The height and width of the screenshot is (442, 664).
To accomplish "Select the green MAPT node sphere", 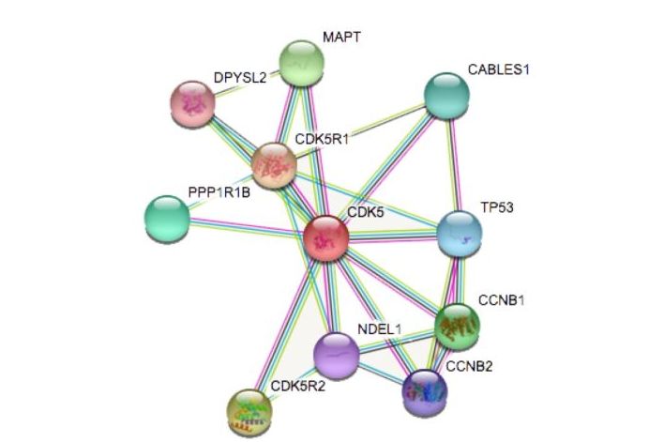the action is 301,63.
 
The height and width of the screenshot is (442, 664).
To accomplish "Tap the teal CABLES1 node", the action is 446,93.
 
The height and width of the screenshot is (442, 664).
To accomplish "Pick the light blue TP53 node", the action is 460,232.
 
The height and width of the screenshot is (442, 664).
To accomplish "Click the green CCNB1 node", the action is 460,325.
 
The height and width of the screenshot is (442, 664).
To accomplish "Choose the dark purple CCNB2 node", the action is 424,391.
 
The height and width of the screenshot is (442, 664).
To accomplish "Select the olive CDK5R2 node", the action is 249,406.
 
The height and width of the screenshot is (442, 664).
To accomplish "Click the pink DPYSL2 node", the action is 192,102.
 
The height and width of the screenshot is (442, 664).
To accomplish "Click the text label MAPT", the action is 341,38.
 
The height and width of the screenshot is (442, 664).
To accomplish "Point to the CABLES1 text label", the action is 498,69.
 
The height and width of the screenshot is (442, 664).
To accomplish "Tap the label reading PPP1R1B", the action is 219,193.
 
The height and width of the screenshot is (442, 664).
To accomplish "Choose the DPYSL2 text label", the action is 239,78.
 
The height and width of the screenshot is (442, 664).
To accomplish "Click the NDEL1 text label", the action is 379,328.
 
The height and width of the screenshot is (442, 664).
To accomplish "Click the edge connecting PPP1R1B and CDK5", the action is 246,228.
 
